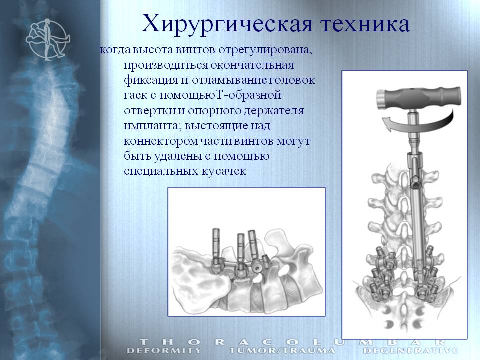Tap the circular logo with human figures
pyautogui.click(x=48, y=39)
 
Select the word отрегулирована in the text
pyautogui.click(x=265, y=50)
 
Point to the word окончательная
pyautogui.click(x=252, y=65)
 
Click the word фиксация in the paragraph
pyautogui.click(x=151, y=80)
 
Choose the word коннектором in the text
pyautogui.click(x=162, y=141)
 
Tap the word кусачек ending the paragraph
pyautogui.click(x=224, y=171)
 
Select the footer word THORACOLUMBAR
pyautogui.click(x=292, y=342)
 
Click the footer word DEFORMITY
pyautogui.click(x=164, y=350)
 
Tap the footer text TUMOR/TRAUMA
pyautogui.click(x=282, y=350)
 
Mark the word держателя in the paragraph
pyautogui.click(x=273, y=111)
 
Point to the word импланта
pyautogui.click(x=152, y=126)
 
